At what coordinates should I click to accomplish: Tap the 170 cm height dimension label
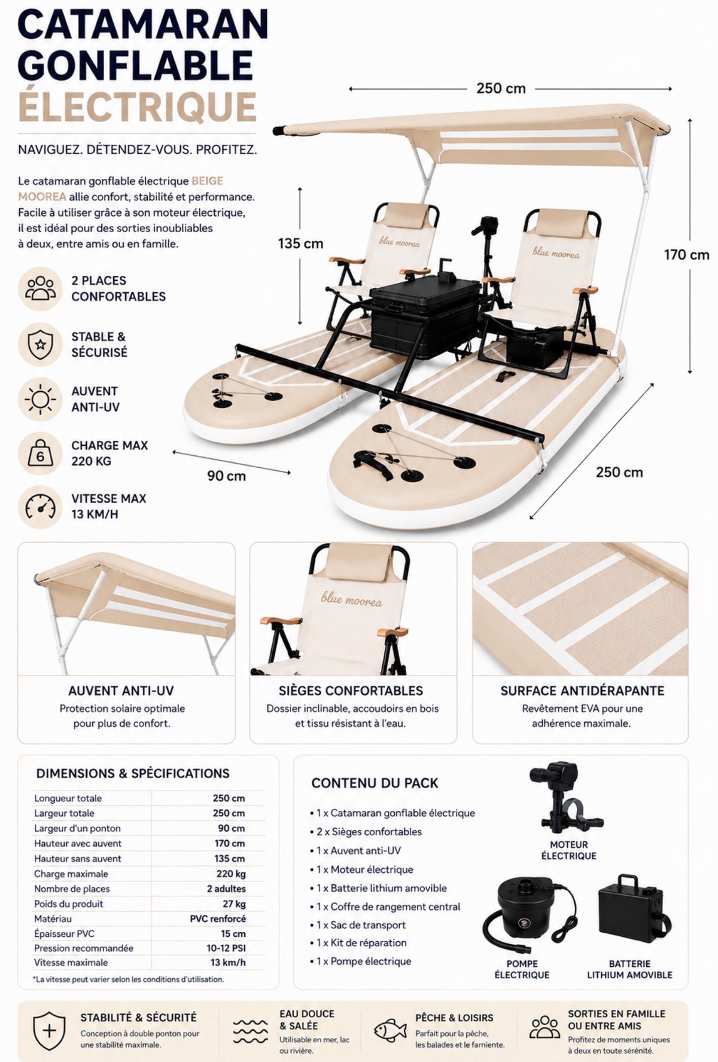pyautogui.click(x=686, y=255)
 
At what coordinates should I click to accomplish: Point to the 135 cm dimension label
pyautogui.click(x=300, y=244)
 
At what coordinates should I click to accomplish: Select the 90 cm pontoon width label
pyautogui.click(x=226, y=476)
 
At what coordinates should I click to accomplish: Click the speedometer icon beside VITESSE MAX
pyautogui.click(x=40, y=507)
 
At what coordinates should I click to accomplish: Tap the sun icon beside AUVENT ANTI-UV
pyautogui.click(x=40, y=399)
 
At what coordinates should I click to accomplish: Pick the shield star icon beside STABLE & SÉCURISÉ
pyautogui.click(x=40, y=345)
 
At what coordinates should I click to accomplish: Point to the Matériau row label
pyautogui.click(x=53, y=918)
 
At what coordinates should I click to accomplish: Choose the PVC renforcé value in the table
pyautogui.click(x=218, y=918)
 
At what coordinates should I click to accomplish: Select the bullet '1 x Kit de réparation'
pyautogui.click(x=358, y=943)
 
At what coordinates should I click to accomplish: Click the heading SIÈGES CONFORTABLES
pyautogui.click(x=351, y=691)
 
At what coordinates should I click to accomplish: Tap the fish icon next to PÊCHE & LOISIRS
pyautogui.click(x=390, y=1030)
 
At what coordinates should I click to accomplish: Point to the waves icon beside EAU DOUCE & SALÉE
pyautogui.click(x=250, y=1030)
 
